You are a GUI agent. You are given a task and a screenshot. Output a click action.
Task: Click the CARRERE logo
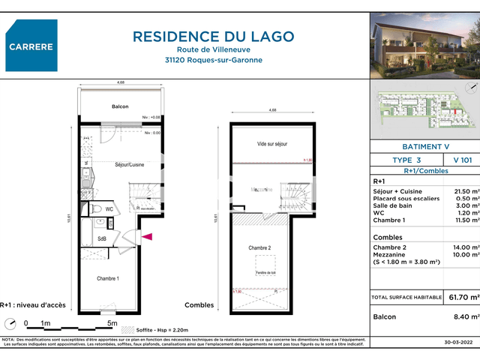[x=32, y=46]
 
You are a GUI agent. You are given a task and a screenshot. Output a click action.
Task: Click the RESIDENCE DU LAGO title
[x=214, y=36]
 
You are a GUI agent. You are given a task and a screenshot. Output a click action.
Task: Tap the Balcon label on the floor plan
[x=121, y=107]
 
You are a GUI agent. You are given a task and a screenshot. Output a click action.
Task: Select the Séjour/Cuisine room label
[x=129, y=164]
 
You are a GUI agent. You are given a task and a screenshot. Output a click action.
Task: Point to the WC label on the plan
[x=109, y=209]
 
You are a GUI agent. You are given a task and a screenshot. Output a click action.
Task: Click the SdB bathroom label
[x=102, y=239]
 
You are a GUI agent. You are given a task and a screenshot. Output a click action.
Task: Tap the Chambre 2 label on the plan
[x=259, y=247]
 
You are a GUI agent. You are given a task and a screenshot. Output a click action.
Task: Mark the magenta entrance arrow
[x=148, y=238]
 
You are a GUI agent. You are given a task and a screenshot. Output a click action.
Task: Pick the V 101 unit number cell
[x=462, y=160]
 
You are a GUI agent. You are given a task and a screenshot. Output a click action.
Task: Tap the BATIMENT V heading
[x=424, y=147]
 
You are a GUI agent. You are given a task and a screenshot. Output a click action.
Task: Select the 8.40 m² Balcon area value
[x=465, y=317]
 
